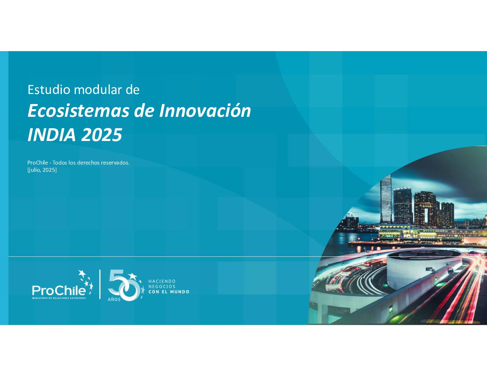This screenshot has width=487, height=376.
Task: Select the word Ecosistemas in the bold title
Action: [79, 111]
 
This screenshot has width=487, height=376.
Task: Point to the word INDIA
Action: [51, 135]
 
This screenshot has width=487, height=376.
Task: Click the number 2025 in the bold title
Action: [102, 135]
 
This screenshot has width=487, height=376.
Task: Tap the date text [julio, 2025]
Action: [42, 170]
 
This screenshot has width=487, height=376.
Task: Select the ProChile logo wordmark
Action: [59, 291]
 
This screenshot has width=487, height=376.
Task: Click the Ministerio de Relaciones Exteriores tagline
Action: [59, 298]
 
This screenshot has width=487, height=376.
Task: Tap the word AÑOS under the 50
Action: [114, 300]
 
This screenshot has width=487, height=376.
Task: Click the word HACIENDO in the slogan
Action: [162, 281]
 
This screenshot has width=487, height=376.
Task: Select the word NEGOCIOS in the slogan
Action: [162, 286]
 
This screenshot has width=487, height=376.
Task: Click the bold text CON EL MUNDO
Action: [169, 292]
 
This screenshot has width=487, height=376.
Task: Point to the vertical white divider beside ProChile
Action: [100, 284]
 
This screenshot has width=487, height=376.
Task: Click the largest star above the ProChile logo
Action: [82, 273]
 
